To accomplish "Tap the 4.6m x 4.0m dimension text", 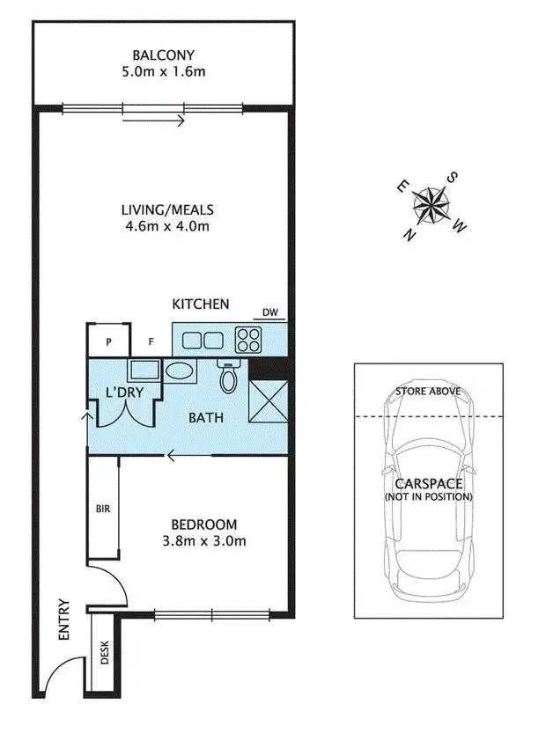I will tap(167, 226).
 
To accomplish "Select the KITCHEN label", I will tap(200, 304).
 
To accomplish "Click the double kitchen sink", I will tap(203, 339).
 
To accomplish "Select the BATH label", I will tap(205, 418).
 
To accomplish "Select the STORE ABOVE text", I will tap(428, 390).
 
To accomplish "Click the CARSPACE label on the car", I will tap(428, 484).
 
